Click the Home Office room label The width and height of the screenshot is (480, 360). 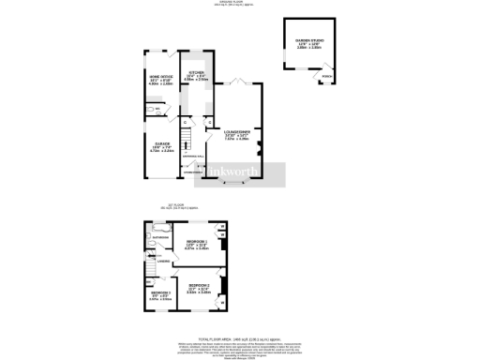[160, 79]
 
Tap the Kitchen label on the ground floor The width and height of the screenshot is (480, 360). [196, 75]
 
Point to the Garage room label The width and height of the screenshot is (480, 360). [161, 145]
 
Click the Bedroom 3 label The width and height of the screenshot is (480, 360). [160, 296]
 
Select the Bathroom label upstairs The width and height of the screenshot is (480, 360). [160, 238]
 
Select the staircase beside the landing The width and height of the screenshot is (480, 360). [149, 270]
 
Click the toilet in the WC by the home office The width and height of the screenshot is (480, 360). [150, 110]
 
